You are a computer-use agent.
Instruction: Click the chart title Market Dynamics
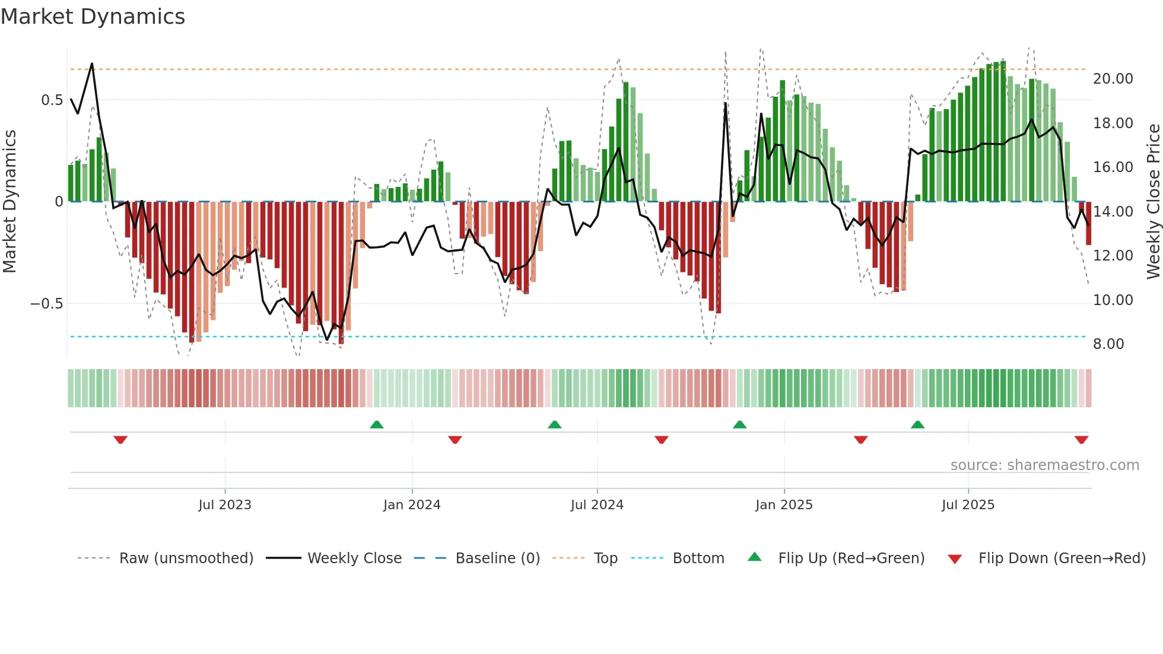click(93, 17)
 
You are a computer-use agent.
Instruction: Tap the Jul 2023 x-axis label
click(225, 505)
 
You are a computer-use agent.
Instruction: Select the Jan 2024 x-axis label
click(412, 505)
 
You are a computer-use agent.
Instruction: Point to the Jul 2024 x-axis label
click(597, 505)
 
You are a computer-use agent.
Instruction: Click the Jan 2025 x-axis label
click(784, 505)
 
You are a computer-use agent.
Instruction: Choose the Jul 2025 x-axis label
click(968, 505)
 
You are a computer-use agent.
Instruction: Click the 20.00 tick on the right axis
click(1113, 79)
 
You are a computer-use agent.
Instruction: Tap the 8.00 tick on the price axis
click(1108, 344)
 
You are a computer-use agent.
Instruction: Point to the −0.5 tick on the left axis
click(46, 304)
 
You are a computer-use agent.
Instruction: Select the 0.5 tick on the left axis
click(52, 100)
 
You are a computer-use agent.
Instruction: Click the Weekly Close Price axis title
click(1153, 202)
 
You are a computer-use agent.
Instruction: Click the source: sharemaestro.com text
click(1044, 465)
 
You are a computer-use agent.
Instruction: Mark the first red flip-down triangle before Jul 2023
click(120, 440)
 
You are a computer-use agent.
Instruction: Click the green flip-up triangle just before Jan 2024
click(377, 424)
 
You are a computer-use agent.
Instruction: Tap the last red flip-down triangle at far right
click(1081, 440)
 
